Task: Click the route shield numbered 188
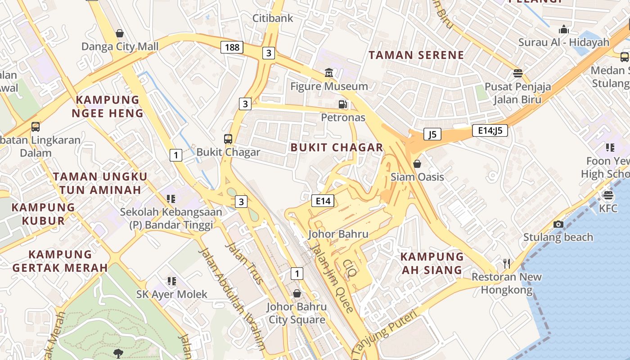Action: tap(232, 47)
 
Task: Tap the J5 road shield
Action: tap(432, 134)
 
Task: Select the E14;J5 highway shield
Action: tap(490, 131)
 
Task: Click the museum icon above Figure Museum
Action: tap(329, 73)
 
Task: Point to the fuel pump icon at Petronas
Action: tap(343, 104)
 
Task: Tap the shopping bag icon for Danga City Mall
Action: tap(120, 33)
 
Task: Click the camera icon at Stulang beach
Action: tap(558, 224)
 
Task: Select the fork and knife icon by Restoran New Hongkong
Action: tap(507, 263)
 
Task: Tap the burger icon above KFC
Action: tap(608, 195)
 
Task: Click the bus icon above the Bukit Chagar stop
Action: tap(228, 139)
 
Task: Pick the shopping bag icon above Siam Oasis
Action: tap(417, 163)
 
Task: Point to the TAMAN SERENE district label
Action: tap(416, 55)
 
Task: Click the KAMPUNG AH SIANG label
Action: tap(432, 263)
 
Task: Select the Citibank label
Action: tap(273, 18)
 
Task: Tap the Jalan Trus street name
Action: tap(243, 263)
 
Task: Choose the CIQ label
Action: tap(349, 268)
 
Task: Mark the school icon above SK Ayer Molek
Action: tap(171, 281)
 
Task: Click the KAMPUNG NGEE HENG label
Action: tap(108, 106)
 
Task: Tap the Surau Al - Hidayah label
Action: tap(563, 42)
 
